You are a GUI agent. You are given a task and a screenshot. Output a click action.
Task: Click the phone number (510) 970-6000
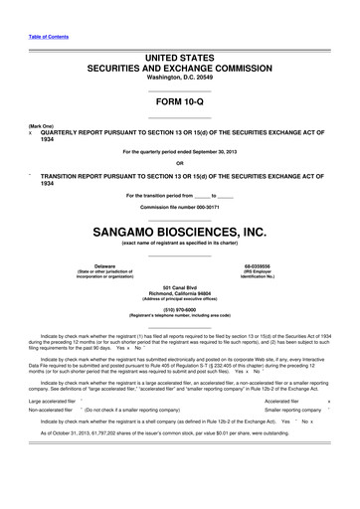pyautogui.click(x=179, y=308)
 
